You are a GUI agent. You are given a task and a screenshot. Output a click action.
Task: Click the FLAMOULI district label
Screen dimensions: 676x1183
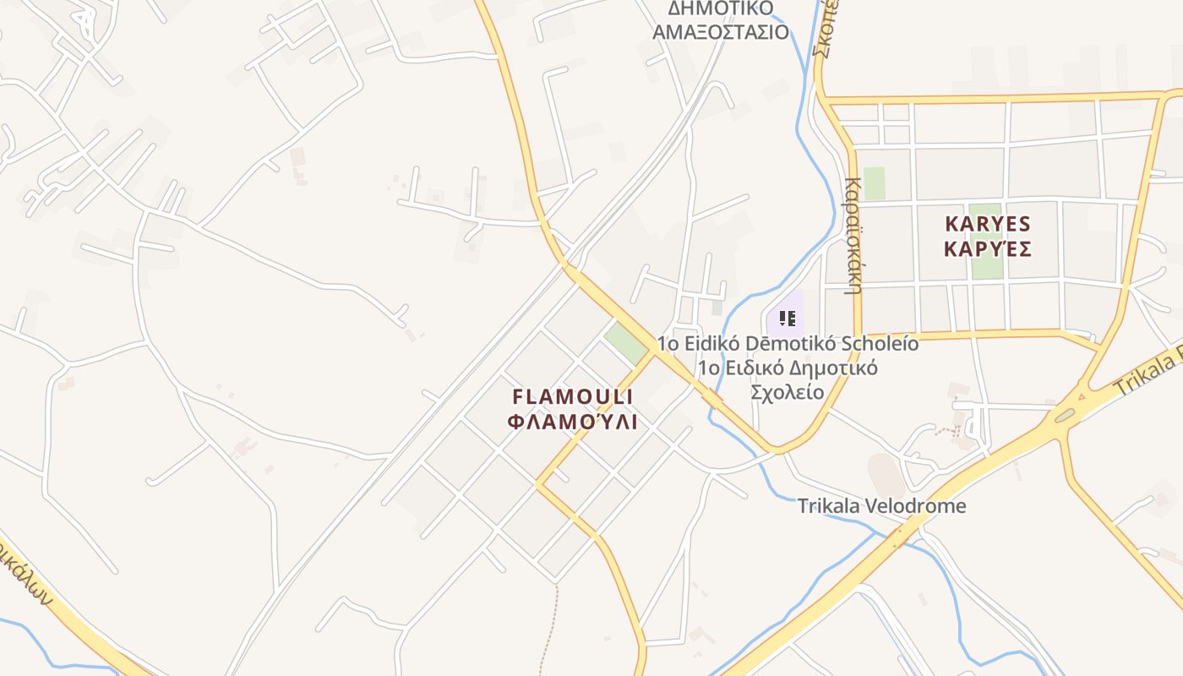[572, 396]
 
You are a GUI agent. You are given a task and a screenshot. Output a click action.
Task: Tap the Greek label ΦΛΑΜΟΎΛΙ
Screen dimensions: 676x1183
[572, 421]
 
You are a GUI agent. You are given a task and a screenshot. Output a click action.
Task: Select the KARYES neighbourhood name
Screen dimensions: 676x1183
[988, 224]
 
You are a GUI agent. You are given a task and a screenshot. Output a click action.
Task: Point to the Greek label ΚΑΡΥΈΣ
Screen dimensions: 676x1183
[988, 249]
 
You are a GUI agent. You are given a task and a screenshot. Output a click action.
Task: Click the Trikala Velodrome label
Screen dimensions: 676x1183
[881, 506]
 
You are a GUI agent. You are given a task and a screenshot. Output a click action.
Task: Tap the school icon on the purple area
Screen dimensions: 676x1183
[788, 319]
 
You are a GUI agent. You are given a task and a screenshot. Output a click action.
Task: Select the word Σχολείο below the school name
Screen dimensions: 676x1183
[788, 392]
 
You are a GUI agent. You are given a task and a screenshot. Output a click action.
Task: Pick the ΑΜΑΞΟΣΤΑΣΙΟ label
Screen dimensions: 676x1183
[721, 32]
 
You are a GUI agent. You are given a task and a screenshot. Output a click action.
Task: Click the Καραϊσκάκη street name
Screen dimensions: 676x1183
[853, 235]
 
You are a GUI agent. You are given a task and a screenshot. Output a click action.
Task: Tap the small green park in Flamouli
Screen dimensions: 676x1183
[626, 341]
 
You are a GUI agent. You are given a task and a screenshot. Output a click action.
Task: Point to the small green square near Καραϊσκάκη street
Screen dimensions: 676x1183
[874, 183]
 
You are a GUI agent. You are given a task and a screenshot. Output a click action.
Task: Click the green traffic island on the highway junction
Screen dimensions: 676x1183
[1065, 415]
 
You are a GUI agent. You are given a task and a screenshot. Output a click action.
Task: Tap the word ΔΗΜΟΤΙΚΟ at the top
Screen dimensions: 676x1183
[721, 8]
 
